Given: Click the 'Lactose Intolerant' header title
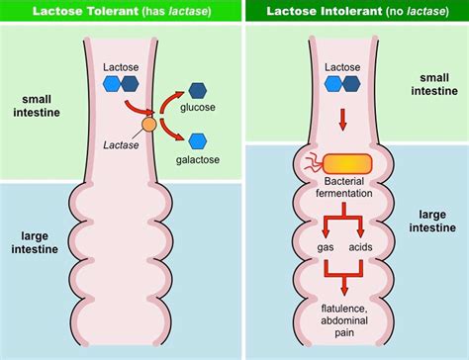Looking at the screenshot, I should pyautogui.click(x=354, y=10).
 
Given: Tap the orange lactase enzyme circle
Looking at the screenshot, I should pyautogui.click(x=148, y=126).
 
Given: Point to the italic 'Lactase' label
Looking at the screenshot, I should pyautogui.click(x=122, y=145).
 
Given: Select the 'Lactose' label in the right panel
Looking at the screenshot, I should pyautogui.click(x=340, y=67).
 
